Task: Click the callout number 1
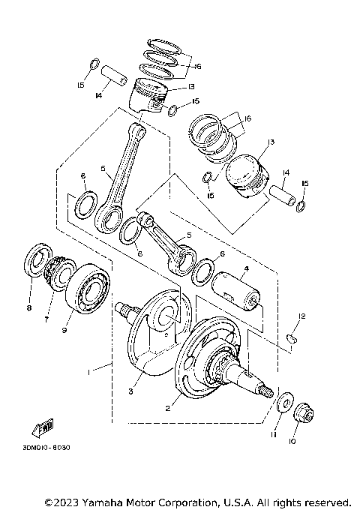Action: click(89, 370)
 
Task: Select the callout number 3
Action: click(130, 391)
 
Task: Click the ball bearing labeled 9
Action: click(91, 289)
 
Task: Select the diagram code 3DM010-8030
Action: click(41, 448)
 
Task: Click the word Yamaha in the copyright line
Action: click(106, 501)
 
